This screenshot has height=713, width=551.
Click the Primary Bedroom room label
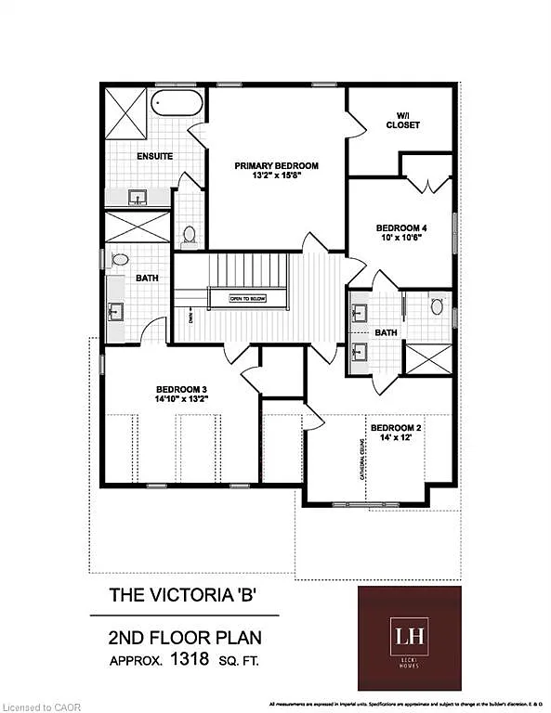pos(276,165)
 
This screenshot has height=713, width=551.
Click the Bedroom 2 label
pos(396,428)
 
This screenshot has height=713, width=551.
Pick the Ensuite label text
pos(154,156)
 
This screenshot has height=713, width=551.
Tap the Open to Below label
pos(248,298)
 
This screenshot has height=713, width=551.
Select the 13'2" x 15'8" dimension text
pos(276,176)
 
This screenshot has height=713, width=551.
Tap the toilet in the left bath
pos(120,261)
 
